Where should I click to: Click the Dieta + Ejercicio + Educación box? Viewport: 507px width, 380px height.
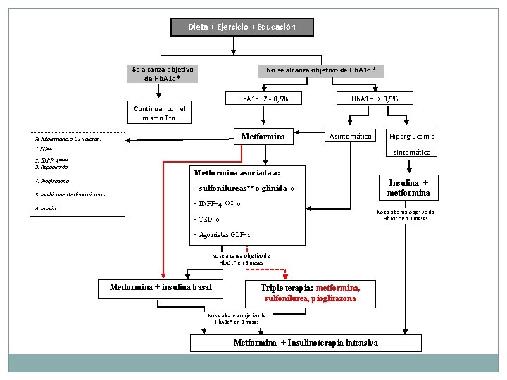coord(242,27)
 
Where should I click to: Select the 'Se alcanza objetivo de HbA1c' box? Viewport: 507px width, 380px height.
coord(163,74)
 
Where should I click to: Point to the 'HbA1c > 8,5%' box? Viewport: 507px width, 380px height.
coord(375,99)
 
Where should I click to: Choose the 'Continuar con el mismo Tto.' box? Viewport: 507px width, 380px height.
coord(159,113)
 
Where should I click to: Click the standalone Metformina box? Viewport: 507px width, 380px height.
coord(263,136)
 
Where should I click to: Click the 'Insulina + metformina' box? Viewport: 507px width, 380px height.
coord(408,188)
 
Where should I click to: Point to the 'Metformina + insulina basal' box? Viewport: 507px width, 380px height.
coord(161,287)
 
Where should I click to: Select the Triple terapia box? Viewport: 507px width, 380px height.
coord(311,293)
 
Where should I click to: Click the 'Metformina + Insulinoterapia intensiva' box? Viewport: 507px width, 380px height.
coord(306,343)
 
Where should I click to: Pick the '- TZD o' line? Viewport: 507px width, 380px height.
coord(208,219)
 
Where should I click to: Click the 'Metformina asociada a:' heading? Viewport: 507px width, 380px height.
coord(237,172)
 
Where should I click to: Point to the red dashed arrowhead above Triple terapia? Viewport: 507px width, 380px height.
coord(286,273)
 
